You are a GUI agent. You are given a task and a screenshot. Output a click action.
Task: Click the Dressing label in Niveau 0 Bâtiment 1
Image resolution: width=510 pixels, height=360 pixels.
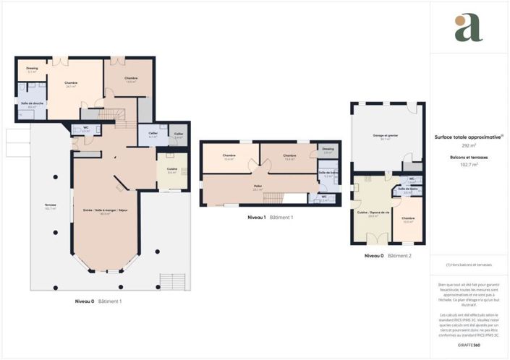click(32, 69)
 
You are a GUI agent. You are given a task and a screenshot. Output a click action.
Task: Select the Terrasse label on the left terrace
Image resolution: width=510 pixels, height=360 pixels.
click(50, 205)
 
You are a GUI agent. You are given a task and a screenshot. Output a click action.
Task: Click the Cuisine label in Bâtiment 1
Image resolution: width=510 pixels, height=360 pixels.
click(172, 171)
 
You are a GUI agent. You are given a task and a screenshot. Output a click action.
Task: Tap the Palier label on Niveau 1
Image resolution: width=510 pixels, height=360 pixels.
click(258, 187)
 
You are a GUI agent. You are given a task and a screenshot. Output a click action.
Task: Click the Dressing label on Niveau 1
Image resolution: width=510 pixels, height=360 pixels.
click(328, 150)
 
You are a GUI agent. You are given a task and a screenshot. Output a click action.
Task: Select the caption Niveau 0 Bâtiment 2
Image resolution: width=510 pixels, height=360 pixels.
click(387, 256)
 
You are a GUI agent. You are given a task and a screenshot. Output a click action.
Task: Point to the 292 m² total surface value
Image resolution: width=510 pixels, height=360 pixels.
click(449, 145)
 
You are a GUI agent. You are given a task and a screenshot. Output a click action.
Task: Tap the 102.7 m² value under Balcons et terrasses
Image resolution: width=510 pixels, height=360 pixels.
click(451, 164)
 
